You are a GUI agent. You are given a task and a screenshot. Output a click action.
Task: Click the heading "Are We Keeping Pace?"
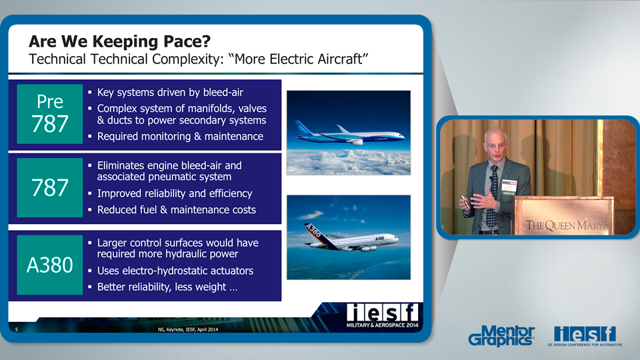point(119,41)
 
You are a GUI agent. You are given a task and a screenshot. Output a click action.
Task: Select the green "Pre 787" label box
point(50,114)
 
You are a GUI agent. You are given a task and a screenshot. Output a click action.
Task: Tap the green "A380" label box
point(50,265)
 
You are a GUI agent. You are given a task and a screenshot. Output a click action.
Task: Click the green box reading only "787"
point(50,188)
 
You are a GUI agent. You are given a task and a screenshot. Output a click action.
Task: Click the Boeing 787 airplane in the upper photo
point(349,133)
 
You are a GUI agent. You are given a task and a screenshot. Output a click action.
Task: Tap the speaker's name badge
point(509,187)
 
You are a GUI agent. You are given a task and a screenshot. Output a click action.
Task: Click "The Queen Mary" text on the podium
point(565,225)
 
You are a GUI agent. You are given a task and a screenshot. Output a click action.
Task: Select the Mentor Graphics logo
point(501,335)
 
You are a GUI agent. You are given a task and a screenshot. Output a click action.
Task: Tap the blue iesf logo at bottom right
point(585,334)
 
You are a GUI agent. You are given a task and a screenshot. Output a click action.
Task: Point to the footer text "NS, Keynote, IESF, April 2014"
point(188,329)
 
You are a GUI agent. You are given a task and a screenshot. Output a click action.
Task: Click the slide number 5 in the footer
point(16,329)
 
